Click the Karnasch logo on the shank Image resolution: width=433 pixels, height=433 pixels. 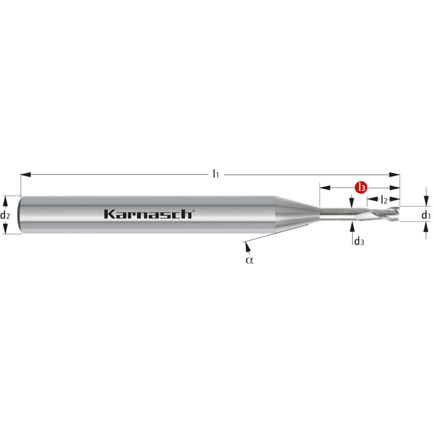tap(148, 214)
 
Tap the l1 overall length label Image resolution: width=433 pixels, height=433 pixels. tap(216, 174)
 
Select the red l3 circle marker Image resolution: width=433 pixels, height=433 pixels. tap(361, 187)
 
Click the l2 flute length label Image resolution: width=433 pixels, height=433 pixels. tap(384, 199)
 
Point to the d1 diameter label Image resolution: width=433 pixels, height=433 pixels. tap(425, 215)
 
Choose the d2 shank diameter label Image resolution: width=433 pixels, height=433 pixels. tap(5, 215)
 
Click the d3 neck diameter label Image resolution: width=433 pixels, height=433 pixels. tap(359, 241)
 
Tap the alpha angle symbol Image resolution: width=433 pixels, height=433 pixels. tap(249, 260)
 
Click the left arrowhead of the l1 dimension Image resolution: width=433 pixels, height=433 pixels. tap(26, 175)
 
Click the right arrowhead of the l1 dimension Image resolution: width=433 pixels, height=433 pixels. tap(395, 175)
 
